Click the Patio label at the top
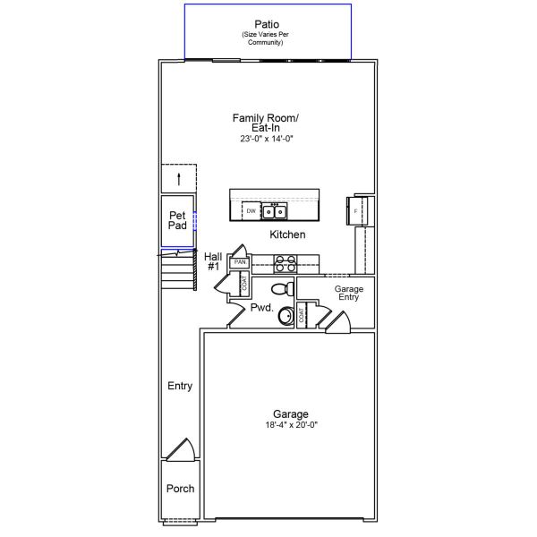coord(266,24)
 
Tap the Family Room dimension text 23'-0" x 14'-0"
coord(266,140)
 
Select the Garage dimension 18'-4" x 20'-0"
coord(291,425)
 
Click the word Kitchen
coord(287,234)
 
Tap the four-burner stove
coord(285,263)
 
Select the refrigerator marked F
coord(354,211)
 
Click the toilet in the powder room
coord(280,289)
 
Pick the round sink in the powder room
coord(286,315)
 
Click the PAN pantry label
coord(240,262)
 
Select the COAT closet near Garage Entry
coord(302,315)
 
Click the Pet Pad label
coord(178,220)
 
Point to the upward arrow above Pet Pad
coord(179,177)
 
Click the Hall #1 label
coord(212,261)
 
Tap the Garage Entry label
coord(347,293)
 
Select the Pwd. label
coord(260,307)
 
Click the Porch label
coord(179,489)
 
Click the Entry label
coord(179,386)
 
